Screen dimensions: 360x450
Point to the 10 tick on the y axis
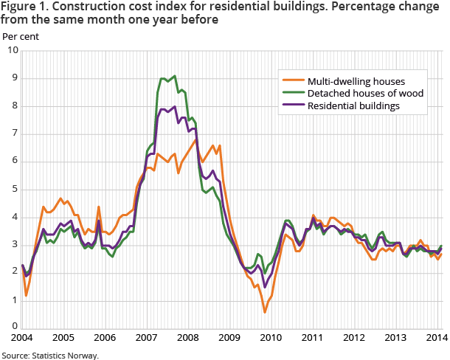coord(12,50)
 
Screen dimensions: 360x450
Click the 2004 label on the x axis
coord(22,338)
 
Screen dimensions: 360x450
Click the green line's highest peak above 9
coord(174,75)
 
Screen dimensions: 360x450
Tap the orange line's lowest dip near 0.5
coord(265,312)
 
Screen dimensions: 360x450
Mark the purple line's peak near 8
coord(174,106)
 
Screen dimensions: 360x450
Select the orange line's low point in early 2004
coord(26,295)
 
